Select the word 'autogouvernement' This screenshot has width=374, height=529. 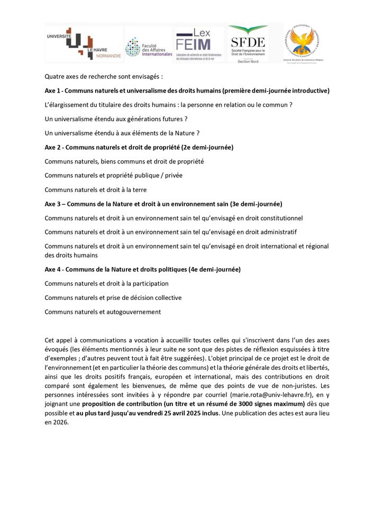pyautogui.click(x=135, y=312)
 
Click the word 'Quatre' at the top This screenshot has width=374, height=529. pyautogui.click(x=54, y=76)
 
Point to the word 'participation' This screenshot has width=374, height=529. pyautogui.click(x=150, y=284)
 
